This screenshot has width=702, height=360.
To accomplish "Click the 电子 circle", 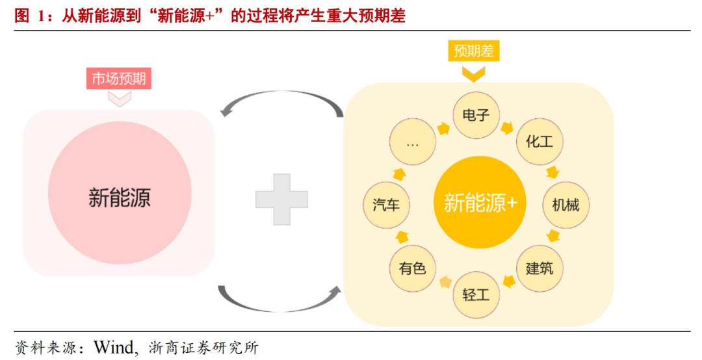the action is click(476, 116).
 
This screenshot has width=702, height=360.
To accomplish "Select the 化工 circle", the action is click(539, 141).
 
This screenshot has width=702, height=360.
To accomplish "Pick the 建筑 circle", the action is click(539, 267).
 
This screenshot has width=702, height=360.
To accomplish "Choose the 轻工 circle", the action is click(476, 294).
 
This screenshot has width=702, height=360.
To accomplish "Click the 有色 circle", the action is click(412, 267).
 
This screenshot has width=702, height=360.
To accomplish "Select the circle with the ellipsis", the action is click(412, 143).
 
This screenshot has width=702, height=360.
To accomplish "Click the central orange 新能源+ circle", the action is click(479, 203).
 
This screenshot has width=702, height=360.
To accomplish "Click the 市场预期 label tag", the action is click(119, 79).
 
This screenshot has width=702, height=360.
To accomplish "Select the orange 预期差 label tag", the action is click(474, 51).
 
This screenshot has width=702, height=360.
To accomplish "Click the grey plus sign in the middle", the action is click(281, 199).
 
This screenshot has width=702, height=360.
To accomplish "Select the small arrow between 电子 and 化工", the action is click(507, 127).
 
